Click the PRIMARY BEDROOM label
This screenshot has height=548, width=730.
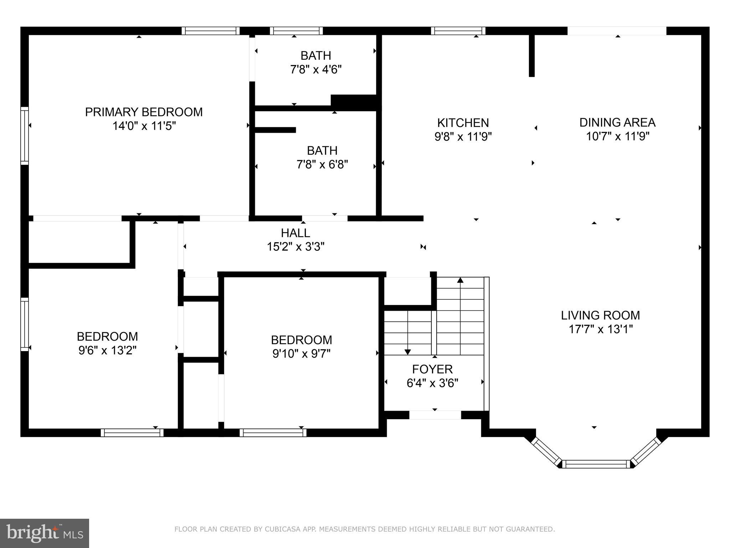(144, 112)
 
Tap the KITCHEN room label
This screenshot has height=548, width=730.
(463, 123)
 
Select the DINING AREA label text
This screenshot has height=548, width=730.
(617, 122)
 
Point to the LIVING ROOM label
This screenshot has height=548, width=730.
(600, 315)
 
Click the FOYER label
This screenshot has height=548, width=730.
(432, 369)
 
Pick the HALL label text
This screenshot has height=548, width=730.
(295, 233)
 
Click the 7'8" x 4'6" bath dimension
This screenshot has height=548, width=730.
(316, 69)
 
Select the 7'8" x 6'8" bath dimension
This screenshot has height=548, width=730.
(322, 164)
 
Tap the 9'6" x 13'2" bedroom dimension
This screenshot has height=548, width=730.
(107, 350)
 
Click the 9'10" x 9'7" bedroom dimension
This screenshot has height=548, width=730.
(302, 354)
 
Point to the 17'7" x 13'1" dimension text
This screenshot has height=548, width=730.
(600, 329)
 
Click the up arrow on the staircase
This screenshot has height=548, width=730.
(460, 280)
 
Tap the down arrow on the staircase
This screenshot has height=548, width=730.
(408, 352)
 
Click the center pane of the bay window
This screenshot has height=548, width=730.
(596, 464)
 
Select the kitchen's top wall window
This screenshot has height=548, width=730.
(458, 31)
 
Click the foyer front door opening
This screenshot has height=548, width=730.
(435, 415)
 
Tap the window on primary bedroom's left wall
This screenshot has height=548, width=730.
(25, 136)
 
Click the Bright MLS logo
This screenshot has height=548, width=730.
(45, 533)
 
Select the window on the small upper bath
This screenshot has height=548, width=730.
(296, 31)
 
